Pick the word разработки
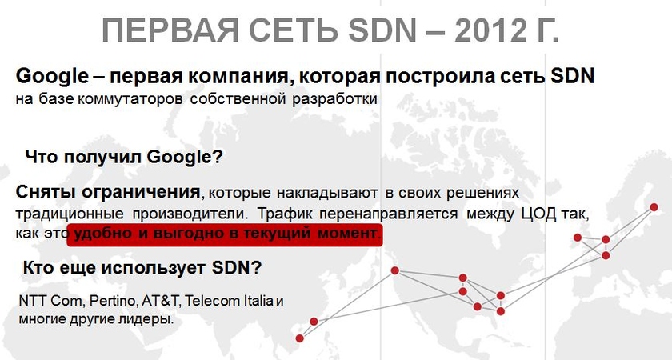(x=335, y=99)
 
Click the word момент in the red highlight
(x=349, y=234)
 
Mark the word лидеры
(x=153, y=319)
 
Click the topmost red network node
(x=654, y=207)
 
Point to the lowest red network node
(x=299, y=338)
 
